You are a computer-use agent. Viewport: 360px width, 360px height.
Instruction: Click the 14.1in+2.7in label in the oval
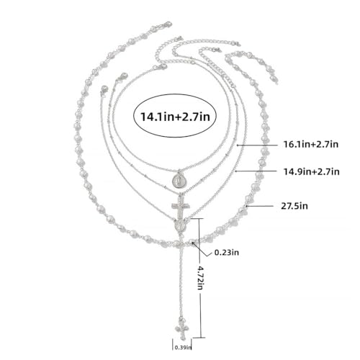[x=175, y=117]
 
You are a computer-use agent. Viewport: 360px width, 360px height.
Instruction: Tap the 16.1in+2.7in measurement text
[x=311, y=145]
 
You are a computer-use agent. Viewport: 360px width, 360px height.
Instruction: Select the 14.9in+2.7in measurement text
[x=312, y=172]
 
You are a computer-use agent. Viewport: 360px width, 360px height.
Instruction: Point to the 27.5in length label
[x=294, y=206]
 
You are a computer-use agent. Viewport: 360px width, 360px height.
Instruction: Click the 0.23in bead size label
[x=227, y=253]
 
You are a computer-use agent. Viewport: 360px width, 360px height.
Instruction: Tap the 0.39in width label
[x=183, y=347]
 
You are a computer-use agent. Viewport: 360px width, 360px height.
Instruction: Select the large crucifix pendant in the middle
[x=181, y=206]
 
